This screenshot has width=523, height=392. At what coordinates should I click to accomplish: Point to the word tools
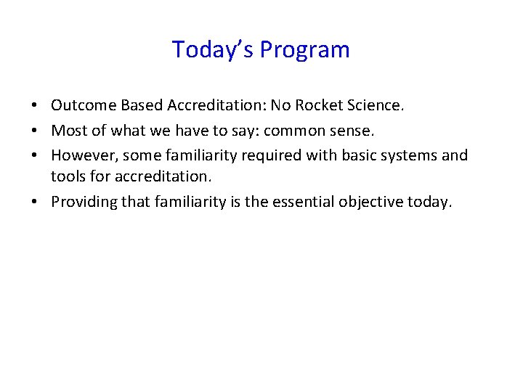pyautogui.click(x=66, y=176)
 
